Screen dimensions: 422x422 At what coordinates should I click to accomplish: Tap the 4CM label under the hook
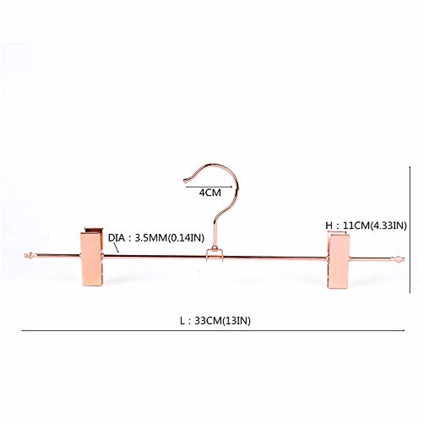(x=210, y=193)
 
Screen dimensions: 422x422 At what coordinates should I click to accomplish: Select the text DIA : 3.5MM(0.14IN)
(x=156, y=238)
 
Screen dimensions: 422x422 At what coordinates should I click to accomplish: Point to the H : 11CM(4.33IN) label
(x=366, y=225)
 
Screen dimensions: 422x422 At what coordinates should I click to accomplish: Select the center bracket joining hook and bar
(x=214, y=255)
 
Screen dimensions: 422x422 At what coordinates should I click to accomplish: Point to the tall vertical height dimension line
(x=411, y=229)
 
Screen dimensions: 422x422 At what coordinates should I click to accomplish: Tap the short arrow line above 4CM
(x=209, y=187)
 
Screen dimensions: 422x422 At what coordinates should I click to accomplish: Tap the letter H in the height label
(x=329, y=225)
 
